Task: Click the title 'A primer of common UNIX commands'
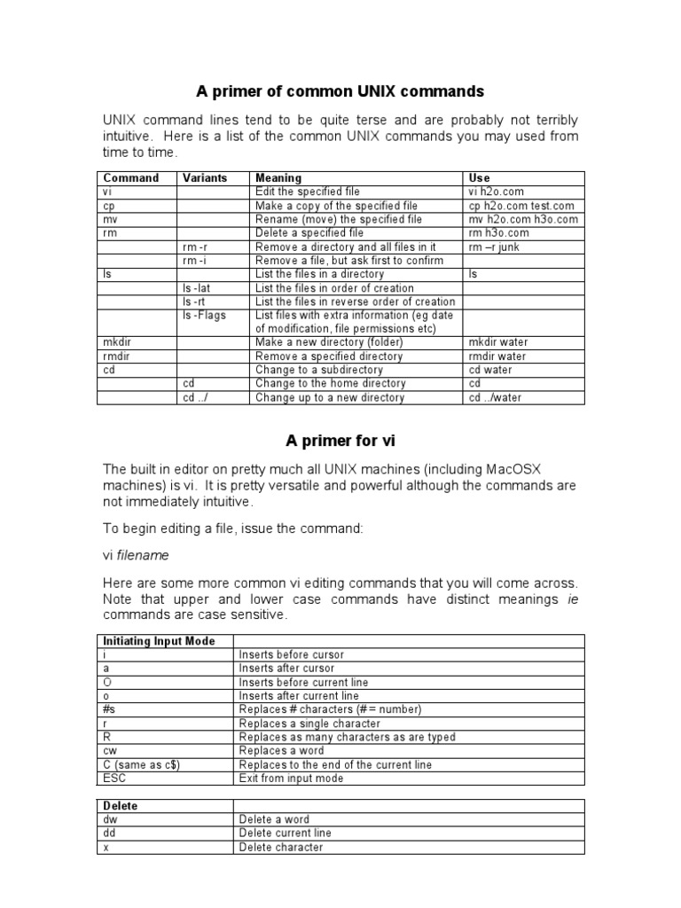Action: tap(340, 91)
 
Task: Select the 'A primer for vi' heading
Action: tap(340, 440)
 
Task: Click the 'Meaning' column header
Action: tap(278, 178)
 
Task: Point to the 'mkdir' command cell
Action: tap(116, 342)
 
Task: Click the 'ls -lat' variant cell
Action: tap(199, 288)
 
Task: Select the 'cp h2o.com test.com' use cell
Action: tap(521, 206)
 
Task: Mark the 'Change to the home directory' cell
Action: tap(330, 384)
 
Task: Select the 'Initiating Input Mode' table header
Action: tap(159, 641)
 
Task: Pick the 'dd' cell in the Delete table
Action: tap(109, 834)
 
